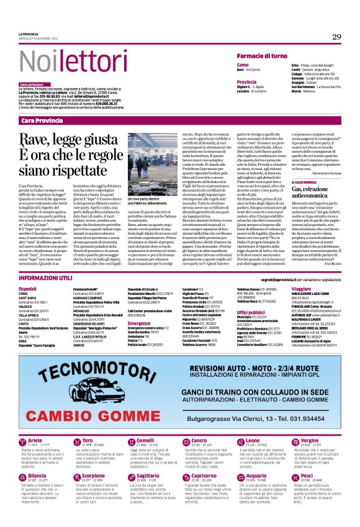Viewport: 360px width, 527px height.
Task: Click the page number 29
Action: click(336, 37)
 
